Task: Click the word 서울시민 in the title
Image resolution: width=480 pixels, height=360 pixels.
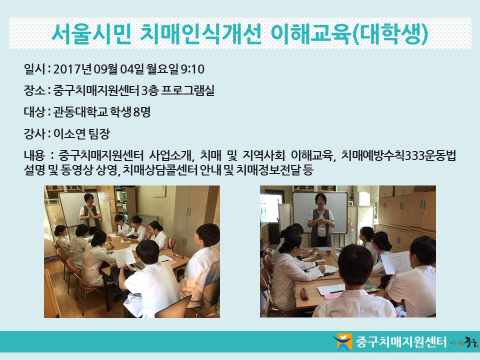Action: tap(91, 33)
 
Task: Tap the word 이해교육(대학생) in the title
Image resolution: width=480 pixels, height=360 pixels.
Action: tap(349, 33)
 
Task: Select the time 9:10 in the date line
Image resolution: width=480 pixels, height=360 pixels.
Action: tap(192, 69)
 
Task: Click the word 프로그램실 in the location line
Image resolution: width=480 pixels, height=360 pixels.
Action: tap(187, 90)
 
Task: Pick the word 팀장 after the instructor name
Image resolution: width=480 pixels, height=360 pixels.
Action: tap(99, 134)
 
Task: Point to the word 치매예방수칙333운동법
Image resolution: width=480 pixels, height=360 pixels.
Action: tap(398, 155)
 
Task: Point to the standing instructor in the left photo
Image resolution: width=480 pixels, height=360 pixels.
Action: tap(90, 213)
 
